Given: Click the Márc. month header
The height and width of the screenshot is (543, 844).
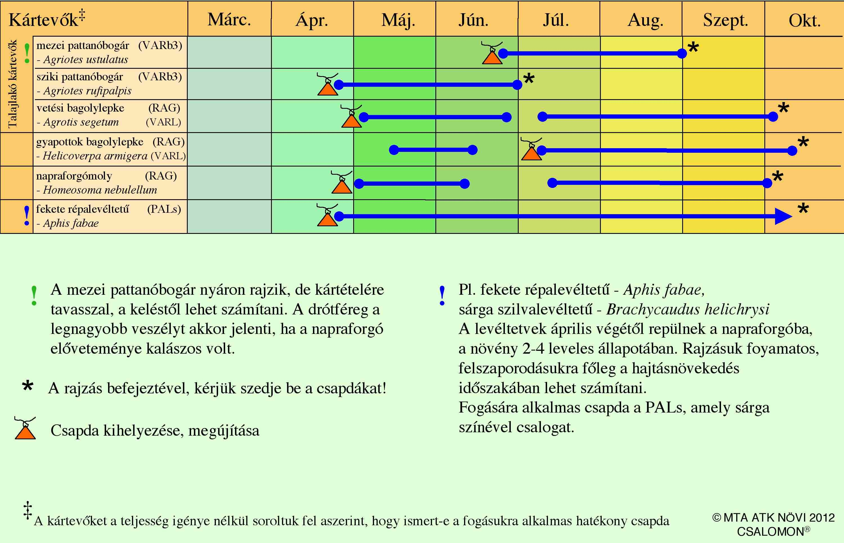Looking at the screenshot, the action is click(x=229, y=20).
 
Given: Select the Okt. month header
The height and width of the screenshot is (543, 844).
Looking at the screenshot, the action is click(x=805, y=21).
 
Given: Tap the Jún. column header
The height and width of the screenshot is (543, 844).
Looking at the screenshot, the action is click(x=474, y=20).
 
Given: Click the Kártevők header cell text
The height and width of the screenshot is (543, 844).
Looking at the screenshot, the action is click(x=47, y=18).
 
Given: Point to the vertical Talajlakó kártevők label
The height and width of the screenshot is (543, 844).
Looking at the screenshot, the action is click(x=12, y=84).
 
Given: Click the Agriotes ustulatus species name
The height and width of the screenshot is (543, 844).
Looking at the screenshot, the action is click(x=86, y=59).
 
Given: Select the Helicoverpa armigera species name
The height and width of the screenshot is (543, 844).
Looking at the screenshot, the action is click(x=95, y=156).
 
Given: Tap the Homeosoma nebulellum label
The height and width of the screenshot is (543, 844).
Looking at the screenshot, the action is click(x=100, y=190).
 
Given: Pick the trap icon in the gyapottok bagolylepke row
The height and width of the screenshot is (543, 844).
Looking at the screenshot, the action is click(x=531, y=149).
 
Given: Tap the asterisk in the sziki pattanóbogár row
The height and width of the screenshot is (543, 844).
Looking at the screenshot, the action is click(x=529, y=79).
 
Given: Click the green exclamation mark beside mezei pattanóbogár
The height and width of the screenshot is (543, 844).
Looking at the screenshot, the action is click(x=27, y=53).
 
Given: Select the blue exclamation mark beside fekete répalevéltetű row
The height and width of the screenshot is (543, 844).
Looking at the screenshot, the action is click(x=27, y=216).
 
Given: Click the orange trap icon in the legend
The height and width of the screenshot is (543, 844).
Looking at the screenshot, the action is click(x=25, y=428).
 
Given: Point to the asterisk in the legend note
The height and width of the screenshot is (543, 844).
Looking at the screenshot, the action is click(x=28, y=386).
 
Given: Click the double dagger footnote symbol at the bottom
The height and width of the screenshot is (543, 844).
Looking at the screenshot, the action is click(x=28, y=510).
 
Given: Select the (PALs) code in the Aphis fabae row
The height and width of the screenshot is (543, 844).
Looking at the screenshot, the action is click(x=164, y=209).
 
